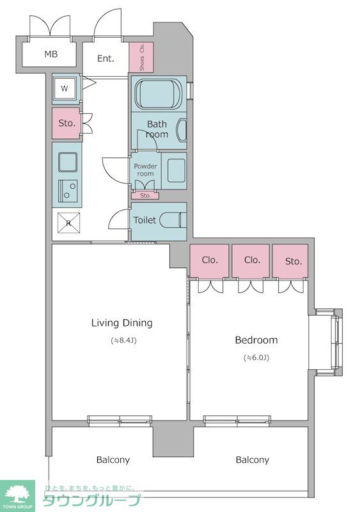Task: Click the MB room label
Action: [51, 54]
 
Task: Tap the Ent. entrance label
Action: [106, 58]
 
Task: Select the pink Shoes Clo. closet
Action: [141, 57]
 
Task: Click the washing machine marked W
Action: [65, 88]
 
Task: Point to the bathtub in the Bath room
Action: [159, 93]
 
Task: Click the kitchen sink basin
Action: [68, 162]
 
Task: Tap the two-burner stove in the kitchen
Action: [68, 191]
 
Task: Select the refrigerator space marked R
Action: [68, 223]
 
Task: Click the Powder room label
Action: [145, 170]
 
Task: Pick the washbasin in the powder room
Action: [176, 170]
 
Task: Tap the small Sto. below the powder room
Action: [145, 196]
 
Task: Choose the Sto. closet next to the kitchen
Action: [67, 123]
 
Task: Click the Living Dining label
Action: [121, 323]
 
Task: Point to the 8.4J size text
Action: [123, 340]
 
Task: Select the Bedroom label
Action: [256, 340]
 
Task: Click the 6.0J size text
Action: [256, 358]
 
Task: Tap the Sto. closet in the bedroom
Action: [290, 260]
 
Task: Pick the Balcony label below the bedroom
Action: [253, 460]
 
